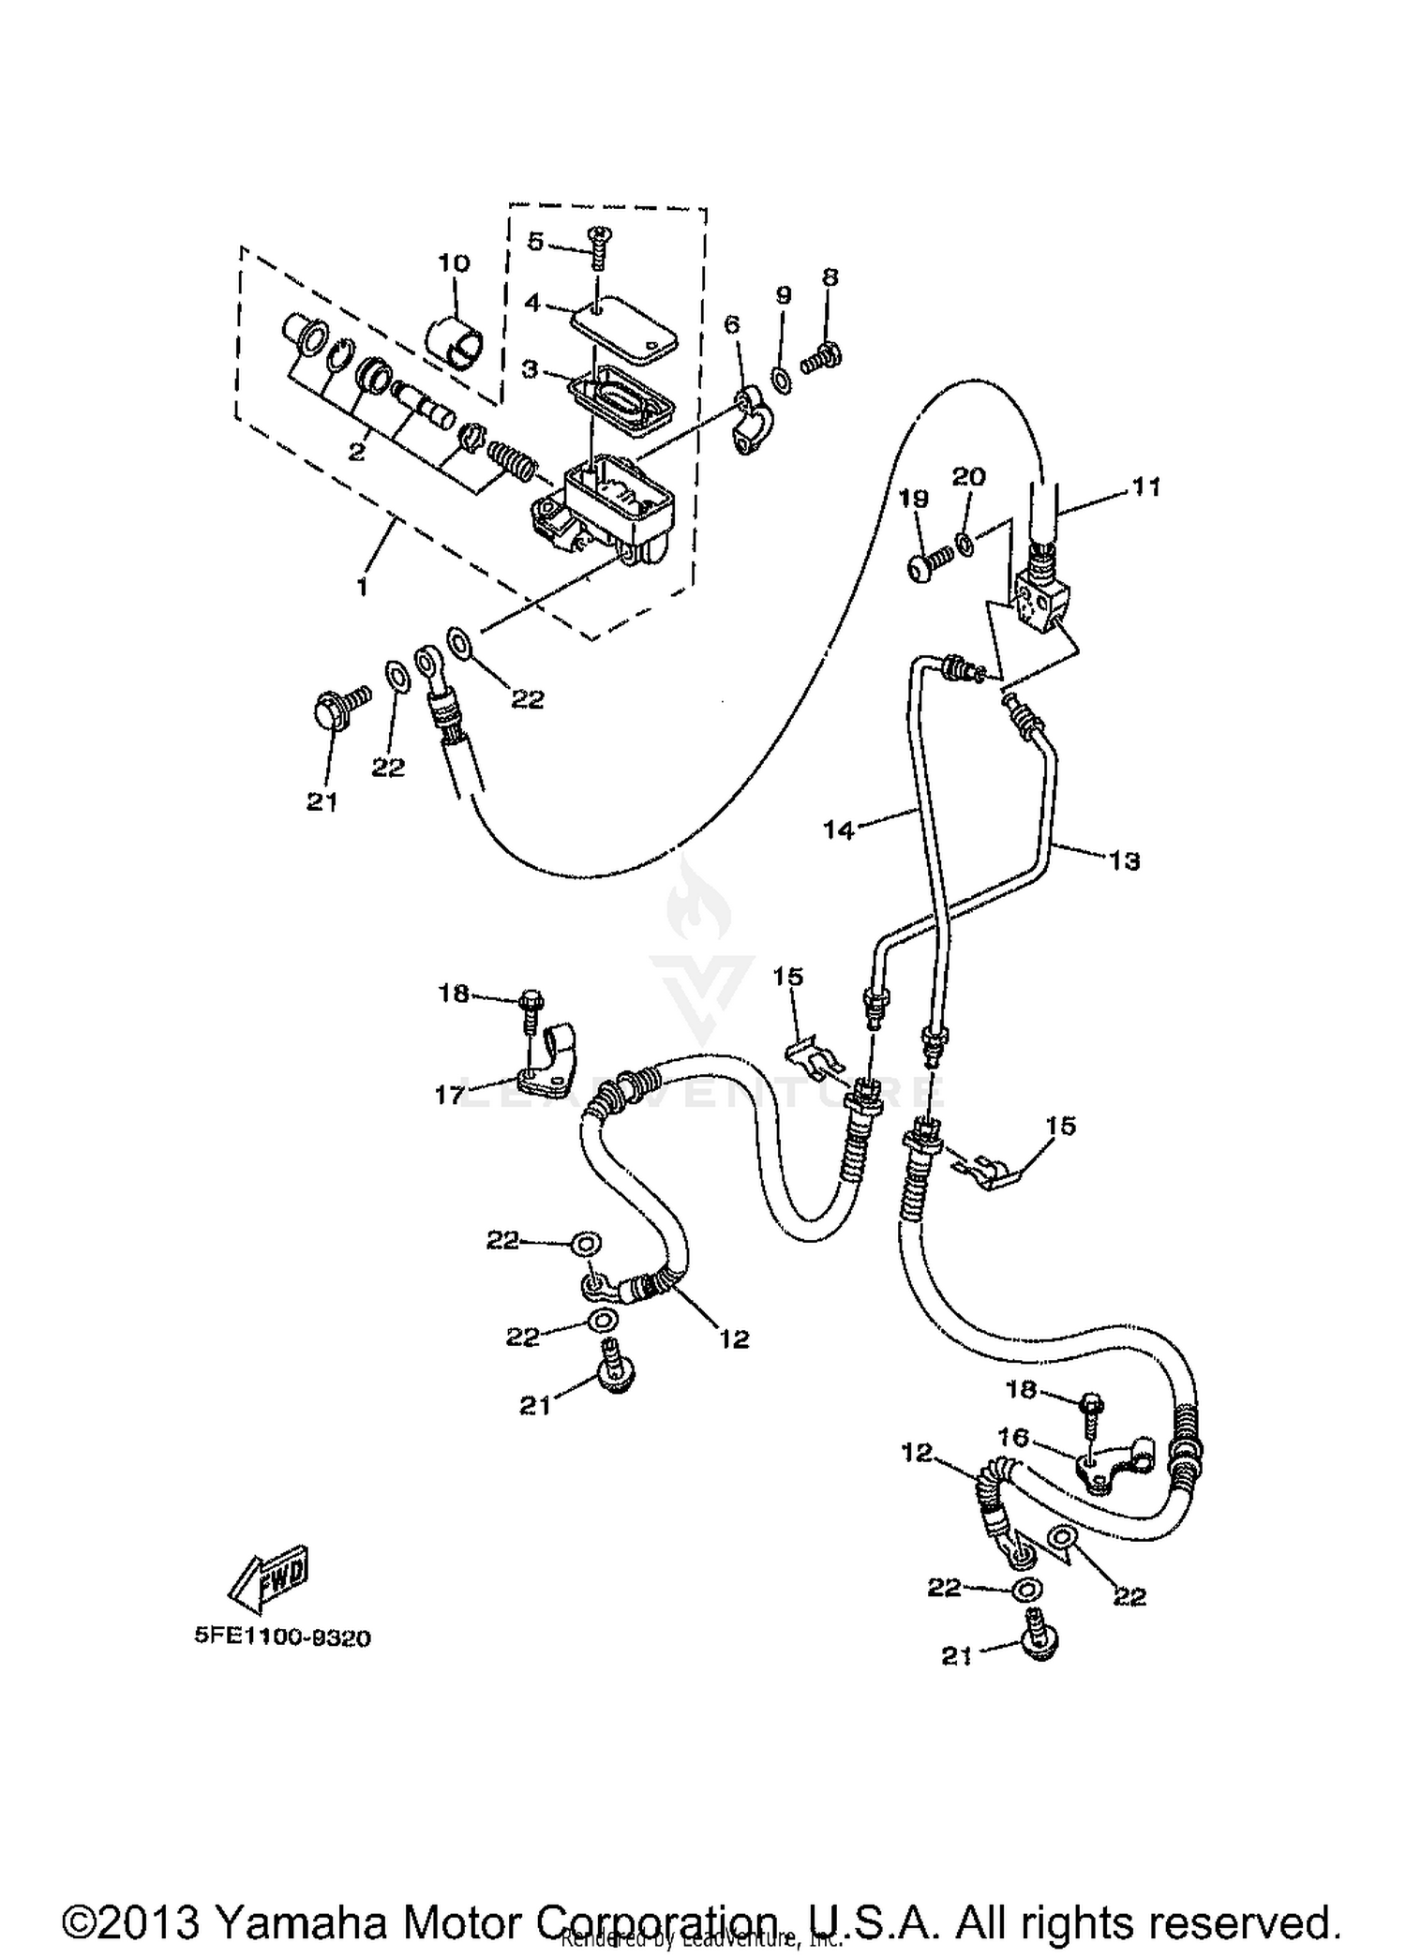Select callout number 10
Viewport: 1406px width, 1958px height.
pyautogui.click(x=454, y=262)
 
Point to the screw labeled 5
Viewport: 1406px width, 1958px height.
pyautogui.click(x=597, y=245)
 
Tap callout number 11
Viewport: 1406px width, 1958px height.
pyautogui.click(x=1145, y=486)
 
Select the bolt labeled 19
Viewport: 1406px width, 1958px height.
pyautogui.click(x=929, y=566)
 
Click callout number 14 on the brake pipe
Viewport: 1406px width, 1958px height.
pyautogui.click(x=839, y=829)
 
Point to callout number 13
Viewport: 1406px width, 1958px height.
pyautogui.click(x=1124, y=859)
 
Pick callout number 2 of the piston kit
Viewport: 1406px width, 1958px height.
pyautogui.click(x=356, y=452)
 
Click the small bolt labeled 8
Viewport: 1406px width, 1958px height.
pyautogui.click(x=822, y=356)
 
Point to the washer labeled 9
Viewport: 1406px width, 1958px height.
pyautogui.click(x=780, y=378)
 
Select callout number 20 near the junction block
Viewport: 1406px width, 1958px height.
pyautogui.click(x=969, y=476)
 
